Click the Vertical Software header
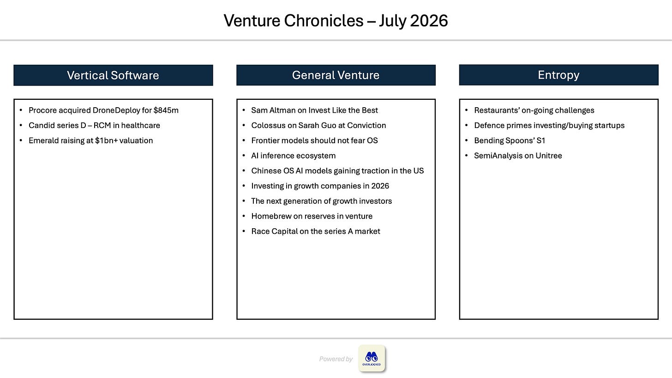[x=113, y=75]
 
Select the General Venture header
[x=336, y=75]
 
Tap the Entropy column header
[x=558, y=75]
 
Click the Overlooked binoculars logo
[x=372, y=358]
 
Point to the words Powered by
[x=336, y=359]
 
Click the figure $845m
[x=166, y=110]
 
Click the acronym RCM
[x=102, y=125]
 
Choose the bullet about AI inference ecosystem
[x=294, y=156]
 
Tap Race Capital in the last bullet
[x=274, y=232]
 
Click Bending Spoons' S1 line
[x=510, y=140]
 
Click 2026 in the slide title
[x=429, y=21]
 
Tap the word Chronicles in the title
[x=324, y=21]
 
